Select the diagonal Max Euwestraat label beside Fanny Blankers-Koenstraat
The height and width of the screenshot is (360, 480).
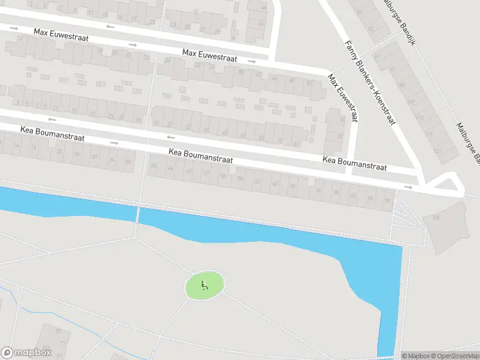[342, 98]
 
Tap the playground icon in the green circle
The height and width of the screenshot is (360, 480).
[205, 286]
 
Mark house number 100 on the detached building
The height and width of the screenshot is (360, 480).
[436, 217]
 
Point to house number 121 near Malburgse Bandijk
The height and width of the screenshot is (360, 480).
[437, 150]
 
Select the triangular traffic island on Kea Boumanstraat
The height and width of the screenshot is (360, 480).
[446, 184]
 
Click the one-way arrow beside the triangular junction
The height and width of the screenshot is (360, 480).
[409, 187]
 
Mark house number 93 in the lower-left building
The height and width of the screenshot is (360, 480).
[58, 331]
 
